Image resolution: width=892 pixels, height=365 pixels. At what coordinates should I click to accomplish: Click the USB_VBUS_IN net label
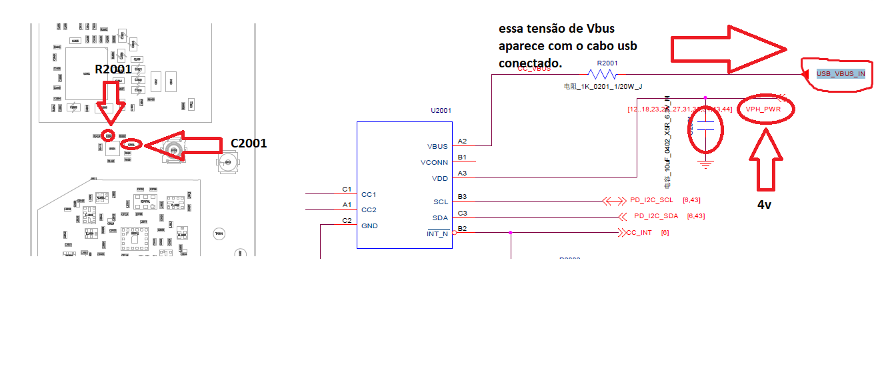pos(841,73)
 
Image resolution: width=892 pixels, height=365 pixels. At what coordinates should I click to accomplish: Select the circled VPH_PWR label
pos(763,109)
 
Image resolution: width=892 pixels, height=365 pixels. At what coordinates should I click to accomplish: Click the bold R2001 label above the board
pos(113,69)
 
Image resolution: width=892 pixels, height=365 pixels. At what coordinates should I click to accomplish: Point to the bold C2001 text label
pos(249,143)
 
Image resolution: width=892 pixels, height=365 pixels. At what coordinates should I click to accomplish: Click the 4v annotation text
pos(764,205)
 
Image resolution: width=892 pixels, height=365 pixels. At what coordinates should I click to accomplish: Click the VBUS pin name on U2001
pos(437,146)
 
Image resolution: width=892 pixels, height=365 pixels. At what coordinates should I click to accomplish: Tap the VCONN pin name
pos(434,162)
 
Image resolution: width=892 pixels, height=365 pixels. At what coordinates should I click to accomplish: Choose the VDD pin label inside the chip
pos(439,178)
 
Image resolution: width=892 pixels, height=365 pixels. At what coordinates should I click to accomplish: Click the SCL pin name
pos(441,202)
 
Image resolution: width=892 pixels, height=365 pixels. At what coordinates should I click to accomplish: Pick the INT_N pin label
pos(437,234)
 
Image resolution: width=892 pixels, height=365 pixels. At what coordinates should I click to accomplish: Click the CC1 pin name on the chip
pos(369,194)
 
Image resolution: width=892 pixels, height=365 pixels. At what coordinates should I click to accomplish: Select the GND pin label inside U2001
pos(369,226)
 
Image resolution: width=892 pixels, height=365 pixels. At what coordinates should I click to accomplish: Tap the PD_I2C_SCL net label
pos(653,200)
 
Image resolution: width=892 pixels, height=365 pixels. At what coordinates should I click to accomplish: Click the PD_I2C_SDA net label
pos(656,216)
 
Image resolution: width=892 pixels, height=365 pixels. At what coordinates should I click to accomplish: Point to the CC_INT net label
pos(639,233)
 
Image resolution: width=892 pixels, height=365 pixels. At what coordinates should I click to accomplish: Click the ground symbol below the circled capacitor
pos(705,162)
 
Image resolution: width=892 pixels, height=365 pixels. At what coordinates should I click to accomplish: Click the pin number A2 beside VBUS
pos(463,141)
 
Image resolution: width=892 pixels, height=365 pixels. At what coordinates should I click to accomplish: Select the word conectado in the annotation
pos(530,63)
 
